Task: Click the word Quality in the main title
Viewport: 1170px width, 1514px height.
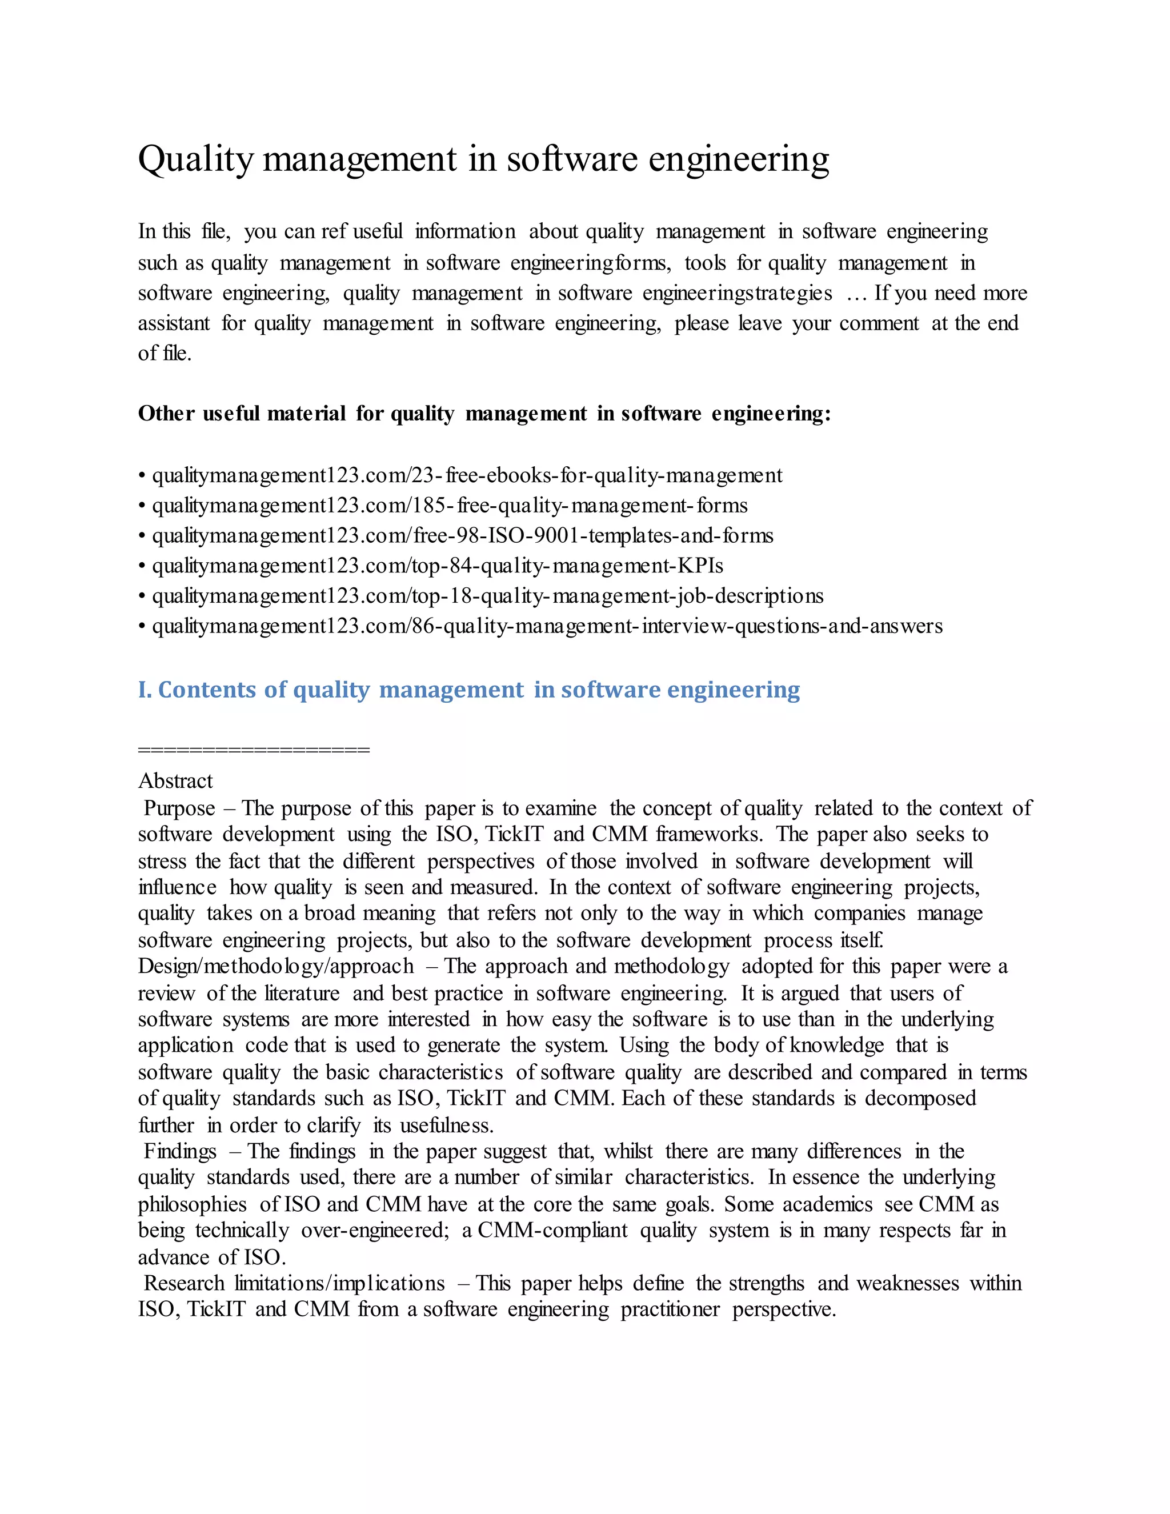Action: click(196, 159)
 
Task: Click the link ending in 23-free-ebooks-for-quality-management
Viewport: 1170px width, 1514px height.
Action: click(467, 475)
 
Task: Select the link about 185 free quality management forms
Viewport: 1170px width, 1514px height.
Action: click(449, 506)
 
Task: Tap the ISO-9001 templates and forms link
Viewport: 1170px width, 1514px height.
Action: click(462, 536)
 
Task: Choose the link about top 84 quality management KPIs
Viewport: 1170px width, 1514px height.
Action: click(438, 566)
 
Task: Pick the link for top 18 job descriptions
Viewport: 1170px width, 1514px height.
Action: click(487, 596)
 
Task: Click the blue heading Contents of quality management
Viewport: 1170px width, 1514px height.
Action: click(468, 690)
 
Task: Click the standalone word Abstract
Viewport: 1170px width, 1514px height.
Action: click(175, 781)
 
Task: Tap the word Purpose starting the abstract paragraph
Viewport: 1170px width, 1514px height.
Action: click(179, 808)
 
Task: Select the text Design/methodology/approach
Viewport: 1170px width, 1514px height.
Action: click(275, 966)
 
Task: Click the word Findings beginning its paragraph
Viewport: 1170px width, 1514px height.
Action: click(180, 1151)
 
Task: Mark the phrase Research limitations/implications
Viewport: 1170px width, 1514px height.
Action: click(294, 1283)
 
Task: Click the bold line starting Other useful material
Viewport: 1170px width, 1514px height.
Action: click(484, 414)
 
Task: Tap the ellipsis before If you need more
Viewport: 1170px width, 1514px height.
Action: click(857, 294)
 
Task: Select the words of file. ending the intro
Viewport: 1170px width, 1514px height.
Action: click(165, 354)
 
